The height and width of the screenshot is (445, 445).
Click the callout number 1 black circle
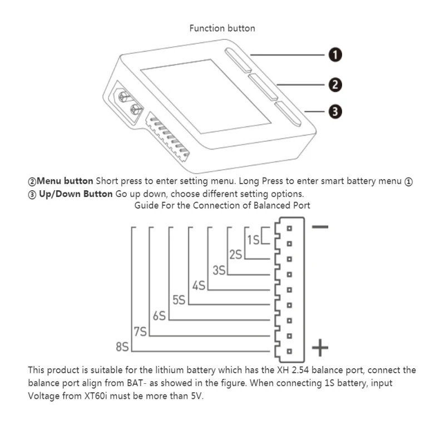(334, 55)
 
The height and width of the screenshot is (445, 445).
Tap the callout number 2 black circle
(334, 85)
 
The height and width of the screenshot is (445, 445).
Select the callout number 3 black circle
(334, 112)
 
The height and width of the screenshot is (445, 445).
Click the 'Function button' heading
(222, 28)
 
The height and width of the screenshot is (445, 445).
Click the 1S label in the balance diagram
(253, 240)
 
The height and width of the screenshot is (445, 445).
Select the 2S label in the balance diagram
(235, 255)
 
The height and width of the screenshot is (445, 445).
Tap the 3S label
(219, 270)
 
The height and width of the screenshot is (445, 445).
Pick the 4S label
(199, 286)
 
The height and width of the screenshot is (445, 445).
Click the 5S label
(179, 301)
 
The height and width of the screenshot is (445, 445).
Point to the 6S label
(159, 316)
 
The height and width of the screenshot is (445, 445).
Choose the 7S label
(140, 332)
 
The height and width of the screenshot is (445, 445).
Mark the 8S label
(122, 348)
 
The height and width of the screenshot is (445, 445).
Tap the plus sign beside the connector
(320, 349)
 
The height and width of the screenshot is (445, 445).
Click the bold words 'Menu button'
(65, 181)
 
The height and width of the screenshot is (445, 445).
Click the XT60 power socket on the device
(126, 103)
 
